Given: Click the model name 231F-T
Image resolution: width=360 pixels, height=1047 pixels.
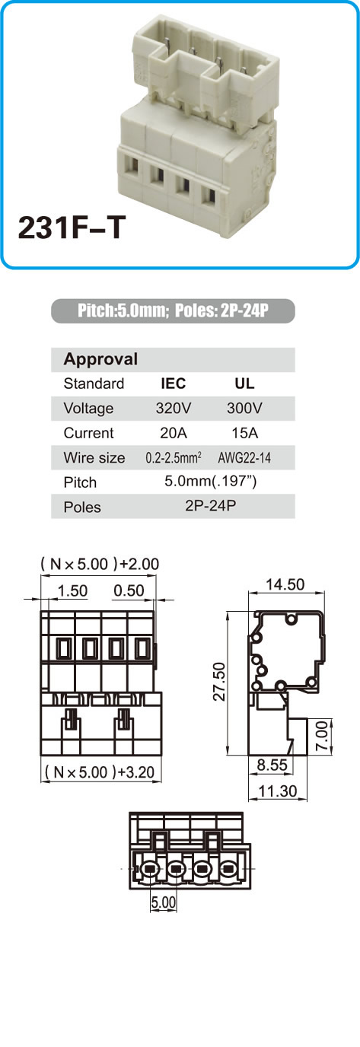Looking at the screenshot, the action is (72, 228).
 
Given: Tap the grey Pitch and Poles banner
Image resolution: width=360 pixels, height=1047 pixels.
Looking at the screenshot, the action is (173, 310).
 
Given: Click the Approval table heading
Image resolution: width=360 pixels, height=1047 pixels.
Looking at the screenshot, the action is (100, 359).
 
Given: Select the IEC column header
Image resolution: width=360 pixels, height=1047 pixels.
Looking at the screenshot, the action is (173, 383).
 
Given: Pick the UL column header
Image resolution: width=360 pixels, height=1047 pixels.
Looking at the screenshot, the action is (244, 383).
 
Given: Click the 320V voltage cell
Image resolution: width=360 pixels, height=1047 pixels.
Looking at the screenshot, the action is (174, 408).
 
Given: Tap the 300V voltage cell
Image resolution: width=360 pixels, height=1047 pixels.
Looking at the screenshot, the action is (244, 408).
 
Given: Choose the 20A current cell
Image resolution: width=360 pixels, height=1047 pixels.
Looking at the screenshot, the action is (174, 433).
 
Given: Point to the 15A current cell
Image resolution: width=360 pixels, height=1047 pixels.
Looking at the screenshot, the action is (245, 433).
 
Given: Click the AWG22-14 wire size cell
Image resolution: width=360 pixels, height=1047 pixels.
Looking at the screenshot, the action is (244, 457).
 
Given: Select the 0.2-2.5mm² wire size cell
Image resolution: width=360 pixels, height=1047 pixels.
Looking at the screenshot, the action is (174, 457).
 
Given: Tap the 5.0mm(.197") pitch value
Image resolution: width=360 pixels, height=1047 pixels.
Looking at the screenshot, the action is (210, 481).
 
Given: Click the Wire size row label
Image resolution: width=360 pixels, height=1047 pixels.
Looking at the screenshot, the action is (94, 457).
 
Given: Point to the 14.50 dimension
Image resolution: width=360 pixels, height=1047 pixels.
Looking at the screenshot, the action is (285, 584).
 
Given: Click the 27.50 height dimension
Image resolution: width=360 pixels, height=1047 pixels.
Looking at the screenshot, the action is (218, 681).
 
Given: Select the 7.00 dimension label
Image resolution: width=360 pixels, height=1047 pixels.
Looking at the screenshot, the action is (322, 736).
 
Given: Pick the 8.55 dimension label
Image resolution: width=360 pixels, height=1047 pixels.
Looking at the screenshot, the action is (272, 765).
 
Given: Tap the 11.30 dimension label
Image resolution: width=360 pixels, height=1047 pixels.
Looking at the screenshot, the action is (278, 791).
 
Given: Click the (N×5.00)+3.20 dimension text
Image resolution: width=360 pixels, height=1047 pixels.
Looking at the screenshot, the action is (100, 772).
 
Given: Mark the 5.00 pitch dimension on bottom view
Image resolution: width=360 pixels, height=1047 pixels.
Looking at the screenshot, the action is (163, 902).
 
